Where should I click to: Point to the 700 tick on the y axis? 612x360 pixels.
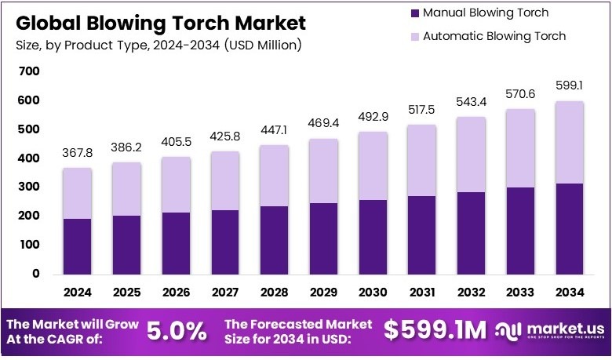29,71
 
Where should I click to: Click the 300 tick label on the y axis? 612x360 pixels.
29,187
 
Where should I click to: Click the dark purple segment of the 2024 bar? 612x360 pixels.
78,246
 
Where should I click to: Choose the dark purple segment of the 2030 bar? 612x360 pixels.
373,237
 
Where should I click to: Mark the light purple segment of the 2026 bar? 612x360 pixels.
177,184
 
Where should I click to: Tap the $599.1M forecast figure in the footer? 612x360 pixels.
435,330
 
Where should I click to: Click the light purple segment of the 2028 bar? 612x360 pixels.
274,176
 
